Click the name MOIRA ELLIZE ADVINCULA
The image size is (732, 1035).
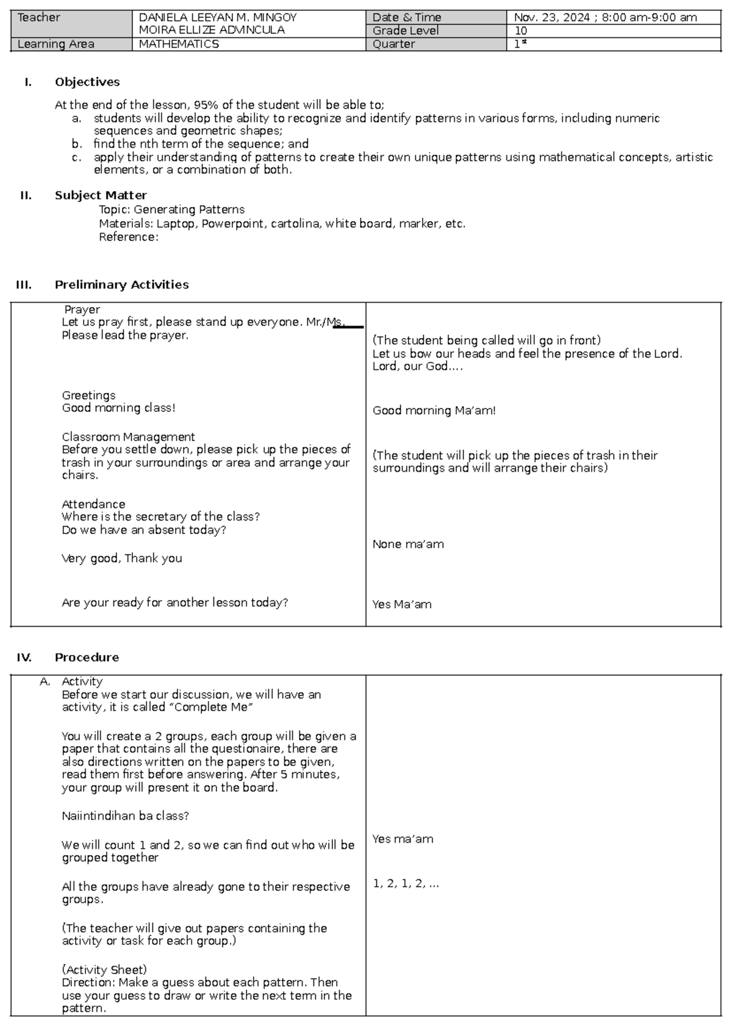pos(211,30)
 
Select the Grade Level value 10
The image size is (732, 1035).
pos(520,31)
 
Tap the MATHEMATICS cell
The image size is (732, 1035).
pos(179,44)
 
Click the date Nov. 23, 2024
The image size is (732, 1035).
pos(551,18)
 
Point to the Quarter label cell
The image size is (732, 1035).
pos(393,44)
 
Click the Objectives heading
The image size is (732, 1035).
pos(87,82)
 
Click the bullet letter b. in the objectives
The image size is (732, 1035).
pos(76,144)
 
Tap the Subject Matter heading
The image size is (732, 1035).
pos(101,195)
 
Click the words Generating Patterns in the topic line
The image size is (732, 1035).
pos(189,209)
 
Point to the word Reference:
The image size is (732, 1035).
pos(128,237)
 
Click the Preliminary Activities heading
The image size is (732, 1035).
pos(121,284)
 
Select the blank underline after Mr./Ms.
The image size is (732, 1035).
pos(349,326)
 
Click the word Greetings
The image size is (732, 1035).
pos(88,395)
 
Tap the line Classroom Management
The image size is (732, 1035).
pos(128,437)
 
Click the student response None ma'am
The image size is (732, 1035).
pos(408,544)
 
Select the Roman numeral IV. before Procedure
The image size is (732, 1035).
pos(24,657)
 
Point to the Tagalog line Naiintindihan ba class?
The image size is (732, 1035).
pos(125,816)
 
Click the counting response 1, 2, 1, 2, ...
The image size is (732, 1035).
pos(406,884)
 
